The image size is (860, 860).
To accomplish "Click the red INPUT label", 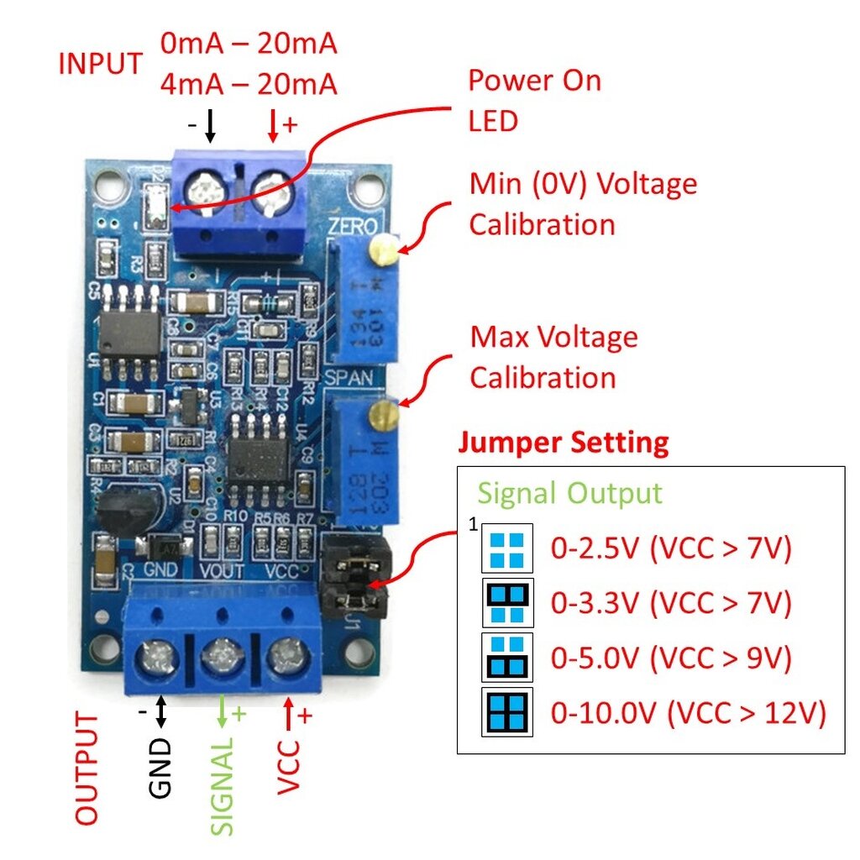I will tap(100, 64).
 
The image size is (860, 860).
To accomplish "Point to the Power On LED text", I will tap(534, 101).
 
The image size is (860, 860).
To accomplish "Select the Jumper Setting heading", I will tap(563, 442).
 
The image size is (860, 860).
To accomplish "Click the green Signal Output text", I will tap(569, 493).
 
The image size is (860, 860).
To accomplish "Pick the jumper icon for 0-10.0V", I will tap(507, 712).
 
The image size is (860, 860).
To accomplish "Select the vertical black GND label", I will tap(160, 767).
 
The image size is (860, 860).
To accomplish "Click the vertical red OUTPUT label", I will tap(87, 768).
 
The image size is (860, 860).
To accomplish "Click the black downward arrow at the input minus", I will tap(210, 126).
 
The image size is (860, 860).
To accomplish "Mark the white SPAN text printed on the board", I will tap(349, 378).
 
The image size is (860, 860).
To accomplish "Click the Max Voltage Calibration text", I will tap(553, 357).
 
